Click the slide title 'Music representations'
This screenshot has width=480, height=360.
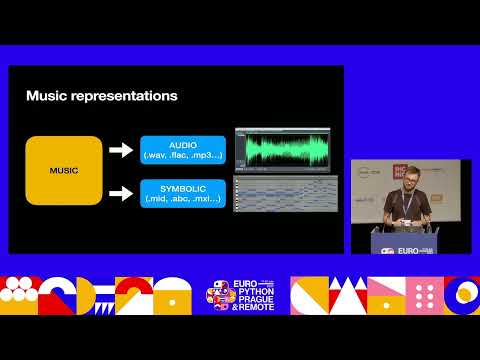[x=101, y=96]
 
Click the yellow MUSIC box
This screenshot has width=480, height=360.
[x=64, y=170]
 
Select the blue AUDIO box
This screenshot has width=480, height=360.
[x=183, y=149]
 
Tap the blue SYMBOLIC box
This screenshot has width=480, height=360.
[x=183, y=193]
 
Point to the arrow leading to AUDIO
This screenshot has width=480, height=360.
[x=120, y=150]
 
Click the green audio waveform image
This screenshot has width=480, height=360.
[x=281, y=149]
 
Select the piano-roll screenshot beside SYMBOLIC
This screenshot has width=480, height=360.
[x=281, y=194]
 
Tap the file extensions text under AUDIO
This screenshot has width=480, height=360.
[x=183, y=155]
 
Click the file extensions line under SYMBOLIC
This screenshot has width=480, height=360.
[x=183, y=199]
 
